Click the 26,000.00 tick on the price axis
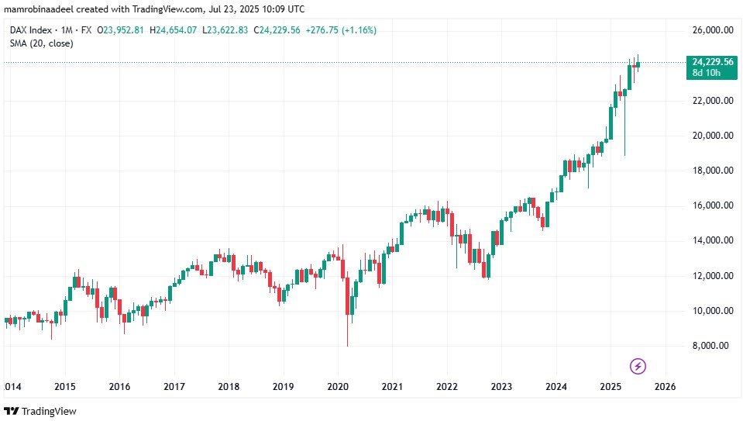tap(713, 30)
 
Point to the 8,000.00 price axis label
tap(713, 346)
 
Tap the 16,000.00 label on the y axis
tap(713, 205)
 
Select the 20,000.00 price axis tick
tap(713, 136)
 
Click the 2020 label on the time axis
tap(338, 386)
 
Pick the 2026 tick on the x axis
tap(665, 386)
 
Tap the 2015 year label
tap(64, 386)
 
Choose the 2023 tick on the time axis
tap(501, 386)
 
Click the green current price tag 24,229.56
tap(711, 61)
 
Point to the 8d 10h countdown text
tap(707, 72)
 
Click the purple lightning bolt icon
tap(638, 365)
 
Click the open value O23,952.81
tap(115, 30)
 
